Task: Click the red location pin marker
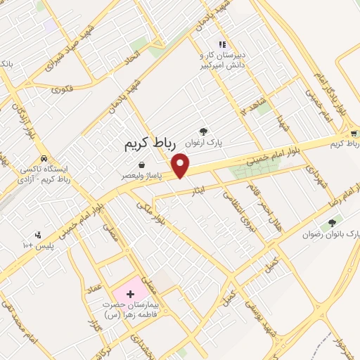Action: click(x=181, y=166)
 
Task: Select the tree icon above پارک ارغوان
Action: click(x=204, y=131)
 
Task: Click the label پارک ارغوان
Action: click(x=204, y=143)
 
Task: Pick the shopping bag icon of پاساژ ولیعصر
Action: click(x=143, y=165)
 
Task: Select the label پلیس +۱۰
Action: click(x=33, y=245)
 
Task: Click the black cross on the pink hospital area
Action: click(x=130, y=293)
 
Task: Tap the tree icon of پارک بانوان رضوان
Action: click(x=330, y=224)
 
